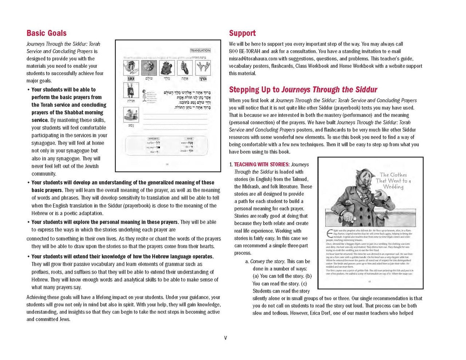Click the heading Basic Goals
point(47,33)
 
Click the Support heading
point(242,33)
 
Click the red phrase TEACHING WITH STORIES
point(262,165)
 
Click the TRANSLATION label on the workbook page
point(200,51)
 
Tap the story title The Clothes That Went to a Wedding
point(393,181)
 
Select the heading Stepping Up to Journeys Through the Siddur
point(303,90)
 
